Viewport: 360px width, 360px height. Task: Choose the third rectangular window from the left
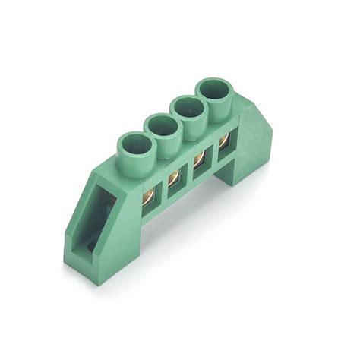click(200, 161)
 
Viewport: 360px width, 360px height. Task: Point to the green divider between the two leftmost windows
click(163, 190)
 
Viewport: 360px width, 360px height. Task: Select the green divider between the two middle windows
click(188, 172)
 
